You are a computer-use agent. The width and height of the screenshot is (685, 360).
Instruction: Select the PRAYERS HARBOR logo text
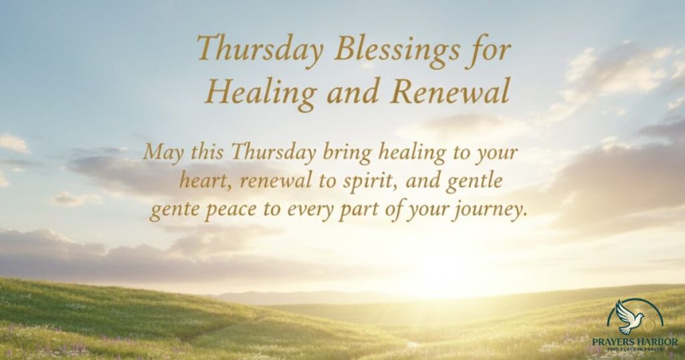pos(635,342)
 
